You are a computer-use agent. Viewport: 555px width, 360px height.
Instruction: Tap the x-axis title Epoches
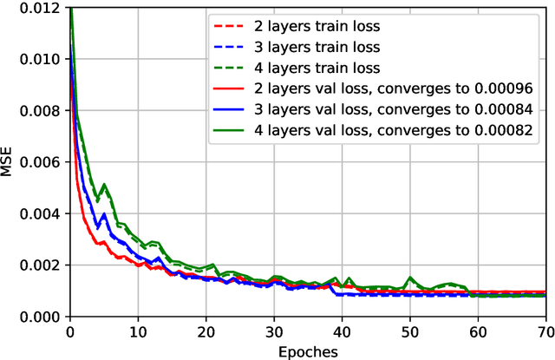(307, 351)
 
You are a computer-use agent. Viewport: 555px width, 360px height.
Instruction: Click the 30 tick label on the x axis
(274, 332)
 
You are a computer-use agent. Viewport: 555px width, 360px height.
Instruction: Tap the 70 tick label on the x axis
(545, 332)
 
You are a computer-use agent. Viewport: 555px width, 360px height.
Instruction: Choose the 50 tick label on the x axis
(409, 332)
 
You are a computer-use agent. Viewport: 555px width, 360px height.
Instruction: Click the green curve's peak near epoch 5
(104, 184)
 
